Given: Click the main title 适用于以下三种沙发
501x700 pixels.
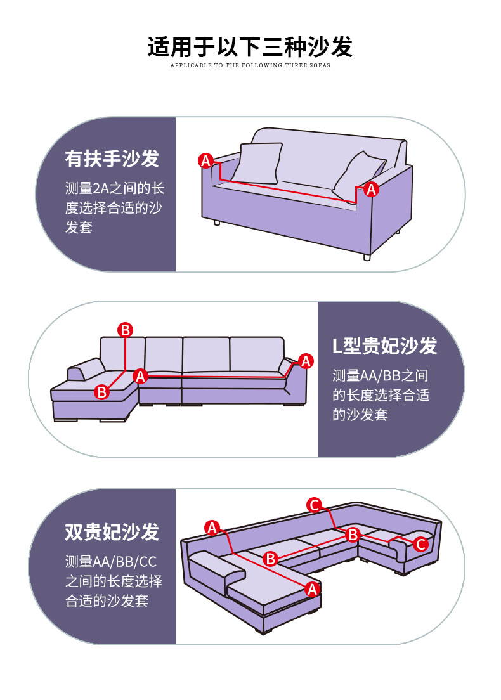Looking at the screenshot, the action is pyautogui.click(x=250, y=47).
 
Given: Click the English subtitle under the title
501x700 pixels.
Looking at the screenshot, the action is pyautogui.click(x=250, y=65).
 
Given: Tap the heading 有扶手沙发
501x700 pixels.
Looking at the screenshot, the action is pyautogui.click(x=112, y=159).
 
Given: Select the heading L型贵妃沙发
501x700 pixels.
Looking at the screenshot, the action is pyautogui.click(x=385, y=346).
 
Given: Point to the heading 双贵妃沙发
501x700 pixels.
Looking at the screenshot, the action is pyautogui.click(x=112, y=532).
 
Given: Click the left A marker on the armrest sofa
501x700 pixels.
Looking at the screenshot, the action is pyautogui.click(x=205, y=160).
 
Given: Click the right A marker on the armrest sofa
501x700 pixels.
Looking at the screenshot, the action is pyautogui.click(x=372, y=188).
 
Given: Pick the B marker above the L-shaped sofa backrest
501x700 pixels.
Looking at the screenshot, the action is pyautogui.click(x=126, y=329).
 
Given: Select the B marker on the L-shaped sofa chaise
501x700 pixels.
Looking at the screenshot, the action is pyautogui.click(x=101, y=392).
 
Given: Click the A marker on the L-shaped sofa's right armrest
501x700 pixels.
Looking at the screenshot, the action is pyautogui.click(x=306, y=361).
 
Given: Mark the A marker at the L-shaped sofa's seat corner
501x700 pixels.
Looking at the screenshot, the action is pyautogui.click(x=141, y=377).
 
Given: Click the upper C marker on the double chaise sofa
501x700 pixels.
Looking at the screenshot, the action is pyautogui.click(x=314, y=505).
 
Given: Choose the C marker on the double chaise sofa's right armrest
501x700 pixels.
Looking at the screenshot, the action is pyautogui.click(x=420, y=544).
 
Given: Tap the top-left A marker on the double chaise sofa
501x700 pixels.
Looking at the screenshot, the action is pyautogui.click(x=212, y=527).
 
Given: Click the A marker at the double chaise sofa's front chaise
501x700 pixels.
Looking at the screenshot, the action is pyautogui.click(x=311, y=588).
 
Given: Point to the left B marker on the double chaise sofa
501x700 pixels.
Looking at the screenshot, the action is pyautogui.click(x=271, y=559).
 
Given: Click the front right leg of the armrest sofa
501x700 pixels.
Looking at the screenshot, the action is pyautogui.click(x=366, y=257).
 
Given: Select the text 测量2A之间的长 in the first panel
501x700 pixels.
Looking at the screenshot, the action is pyautogui.click(x=115, y=188).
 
